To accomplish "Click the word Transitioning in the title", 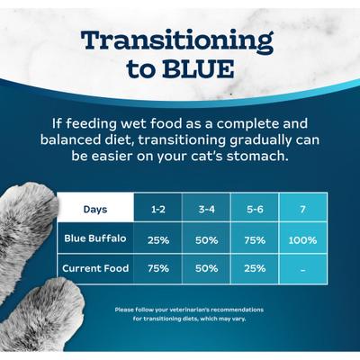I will coord(176,40).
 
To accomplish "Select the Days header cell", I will coord(95,210).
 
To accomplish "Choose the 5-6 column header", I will coord(254,210).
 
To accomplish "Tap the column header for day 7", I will coord(303,210).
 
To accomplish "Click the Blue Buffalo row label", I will coord(95,239).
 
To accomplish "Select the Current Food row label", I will coord(95,268).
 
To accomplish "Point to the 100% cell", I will coord(303,240).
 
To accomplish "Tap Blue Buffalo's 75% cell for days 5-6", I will coord(254,240).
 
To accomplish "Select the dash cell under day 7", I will coord(303,268).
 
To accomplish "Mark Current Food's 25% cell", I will coord(254,268).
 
